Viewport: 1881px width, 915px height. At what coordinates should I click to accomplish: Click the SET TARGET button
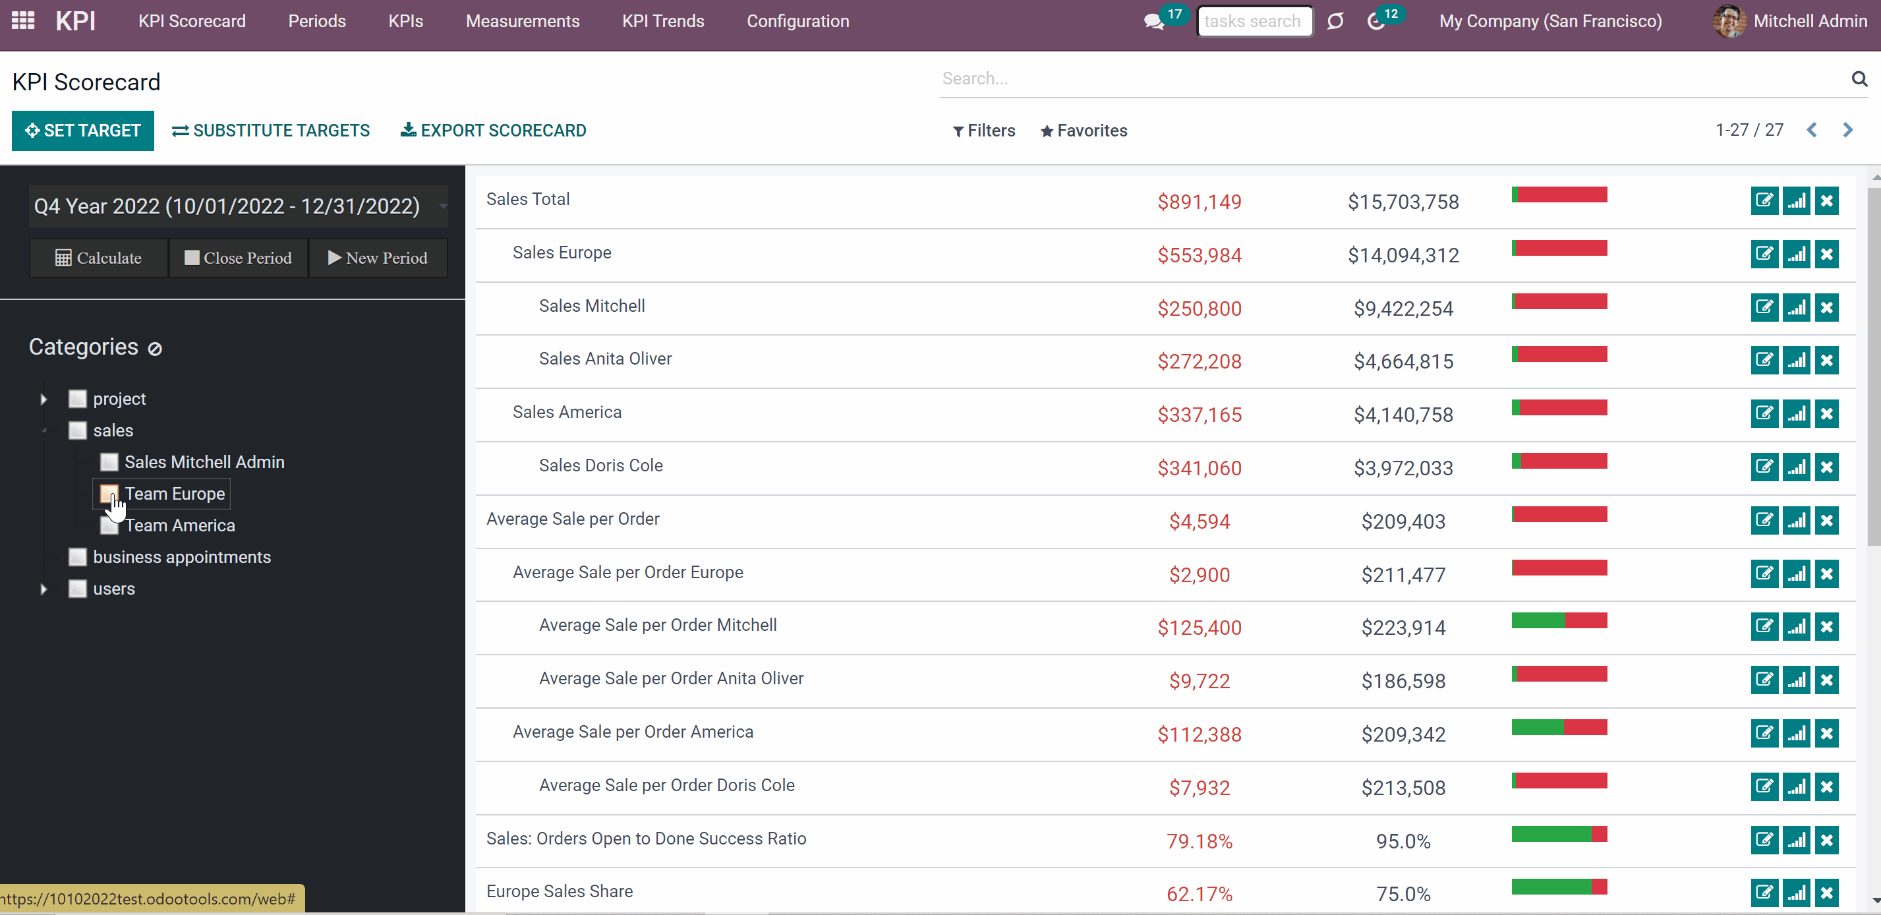82,131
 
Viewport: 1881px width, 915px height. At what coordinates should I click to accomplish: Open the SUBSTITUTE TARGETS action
271,131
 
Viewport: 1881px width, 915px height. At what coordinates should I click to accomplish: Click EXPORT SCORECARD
494,131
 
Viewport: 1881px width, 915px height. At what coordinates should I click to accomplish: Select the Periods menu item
317,21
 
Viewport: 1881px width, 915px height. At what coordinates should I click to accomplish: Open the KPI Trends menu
663,21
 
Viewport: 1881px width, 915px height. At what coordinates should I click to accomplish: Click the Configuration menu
797,21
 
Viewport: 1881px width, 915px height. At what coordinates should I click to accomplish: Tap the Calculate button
99,258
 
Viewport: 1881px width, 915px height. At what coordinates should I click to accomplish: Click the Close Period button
238,258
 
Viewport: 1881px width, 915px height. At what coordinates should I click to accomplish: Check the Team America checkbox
109,526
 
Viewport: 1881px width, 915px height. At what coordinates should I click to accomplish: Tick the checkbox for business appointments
77,557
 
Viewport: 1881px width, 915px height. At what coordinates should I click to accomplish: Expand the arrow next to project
43,399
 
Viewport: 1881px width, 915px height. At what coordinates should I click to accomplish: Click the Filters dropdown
983,131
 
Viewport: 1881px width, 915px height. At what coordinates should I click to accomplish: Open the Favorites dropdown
1084,131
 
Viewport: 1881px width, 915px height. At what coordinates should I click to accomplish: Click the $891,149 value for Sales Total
1199,202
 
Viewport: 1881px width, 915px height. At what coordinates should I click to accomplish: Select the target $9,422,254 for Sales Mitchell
1403,309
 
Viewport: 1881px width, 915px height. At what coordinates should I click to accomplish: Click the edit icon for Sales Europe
1764,254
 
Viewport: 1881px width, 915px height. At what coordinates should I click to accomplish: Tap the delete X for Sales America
1827,414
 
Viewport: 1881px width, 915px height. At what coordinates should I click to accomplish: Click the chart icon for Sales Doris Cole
1796,467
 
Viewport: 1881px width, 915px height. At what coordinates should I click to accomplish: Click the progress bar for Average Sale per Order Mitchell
1559,621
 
